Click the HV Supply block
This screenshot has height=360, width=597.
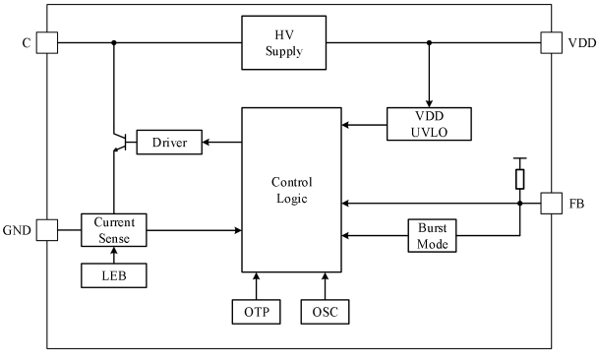pyautogui.click(x=283, y=42)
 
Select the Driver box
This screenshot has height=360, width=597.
pyautogui.click(x=169, y=142)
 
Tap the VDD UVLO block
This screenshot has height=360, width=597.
pyautogui.click(x=429, y=124)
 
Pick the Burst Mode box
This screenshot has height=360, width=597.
pyautogui.click(x=432, y=235)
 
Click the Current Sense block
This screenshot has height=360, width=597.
pyautogui.click(x=114, y=230)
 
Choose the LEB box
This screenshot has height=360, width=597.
pyautogui.click(x=114, y=275)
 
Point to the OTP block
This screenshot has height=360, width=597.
pyautogui.click(x=257, y=312)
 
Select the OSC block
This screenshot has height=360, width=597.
pyautogui.click(x=325, y=312)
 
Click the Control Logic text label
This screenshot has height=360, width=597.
pyautogui.click(x=292, y=190)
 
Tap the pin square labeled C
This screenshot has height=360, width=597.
pyautogui.click(x=47, y=42)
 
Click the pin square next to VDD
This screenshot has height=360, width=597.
pyautogui.click(x=552, y=42)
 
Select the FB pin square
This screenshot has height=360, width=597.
pyautogui.click(x=552, y=204)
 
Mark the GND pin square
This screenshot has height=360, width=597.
pyautogui.click(x=47, y=230)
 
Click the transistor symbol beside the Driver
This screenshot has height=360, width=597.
pyautogui.click(x=122, y=142)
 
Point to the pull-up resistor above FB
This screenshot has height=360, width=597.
pyautogui.click(x=519, y=179)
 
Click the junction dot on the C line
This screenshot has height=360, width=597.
pyautogui.click(x=113, y=42)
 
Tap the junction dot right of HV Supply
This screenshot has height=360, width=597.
pyautogui.click(x=429, y=42)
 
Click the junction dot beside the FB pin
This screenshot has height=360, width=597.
pyautogui.click(x=519, y=204)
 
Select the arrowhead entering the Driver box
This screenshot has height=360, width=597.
pyautogui.click(x=206, y=142)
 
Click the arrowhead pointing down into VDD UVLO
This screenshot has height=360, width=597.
pyautogui.click(x=429, y=103)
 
